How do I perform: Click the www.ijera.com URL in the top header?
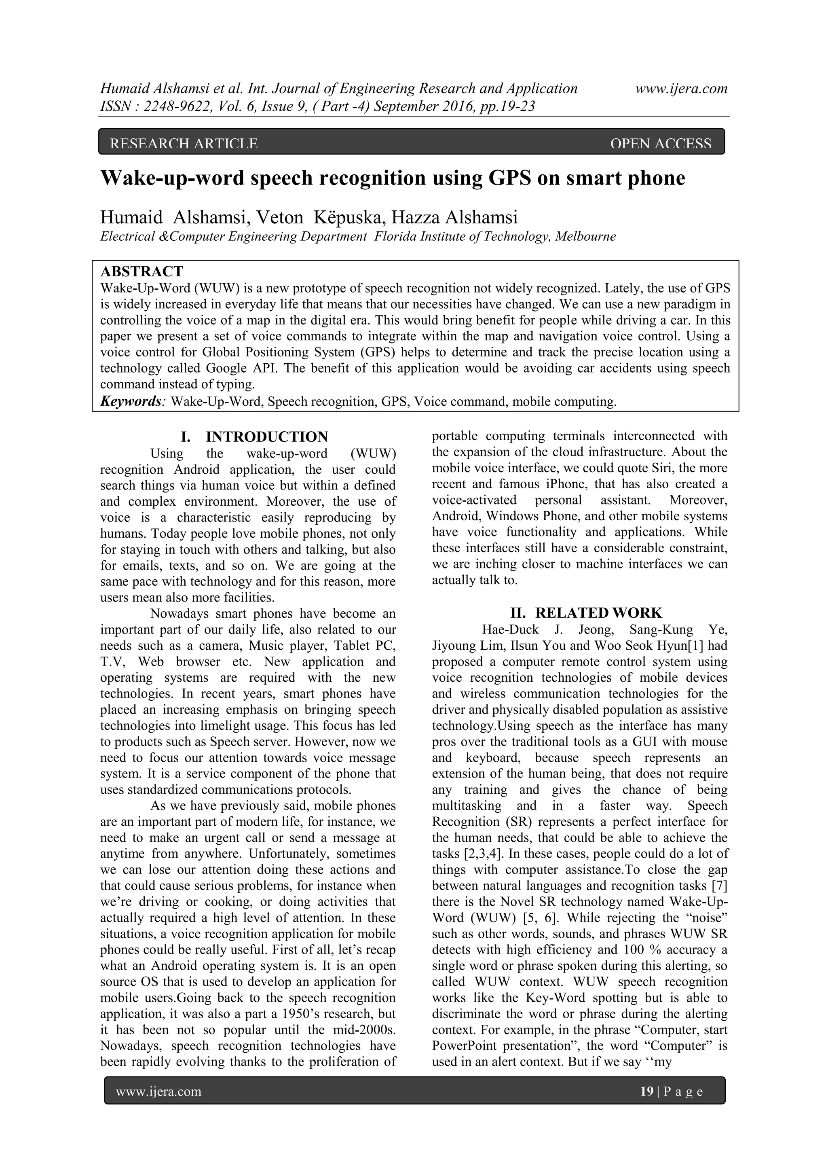coord(681,89)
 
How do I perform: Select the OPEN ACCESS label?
coord(660,144)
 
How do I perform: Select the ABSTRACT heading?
coord(142,271)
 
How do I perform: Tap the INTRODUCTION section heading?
coord(266,437)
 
